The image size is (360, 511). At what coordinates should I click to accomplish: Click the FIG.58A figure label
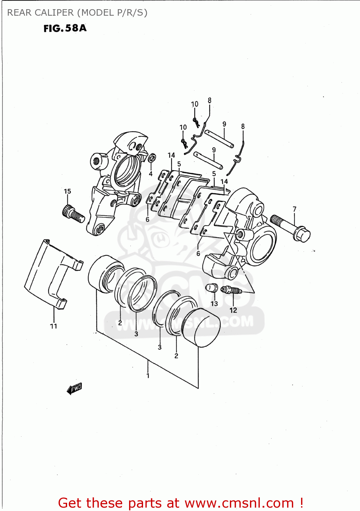coord(65,28)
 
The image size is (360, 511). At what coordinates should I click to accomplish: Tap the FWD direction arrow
coord(74,388)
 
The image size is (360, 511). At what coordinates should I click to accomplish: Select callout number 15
coord(67,191)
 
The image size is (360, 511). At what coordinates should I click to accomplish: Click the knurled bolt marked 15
coord(73,214)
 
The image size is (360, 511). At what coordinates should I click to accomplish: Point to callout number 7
coord(295,209)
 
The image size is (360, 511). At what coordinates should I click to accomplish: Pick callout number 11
coord(53,326)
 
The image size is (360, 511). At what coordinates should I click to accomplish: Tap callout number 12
coord(233,310)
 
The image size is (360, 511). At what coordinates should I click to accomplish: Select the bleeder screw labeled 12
coord(231,290)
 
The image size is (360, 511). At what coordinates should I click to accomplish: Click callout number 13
coord(214,303)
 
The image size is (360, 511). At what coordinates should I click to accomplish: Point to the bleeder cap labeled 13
coord(212,288)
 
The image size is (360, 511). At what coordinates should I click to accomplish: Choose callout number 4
coord(151,174)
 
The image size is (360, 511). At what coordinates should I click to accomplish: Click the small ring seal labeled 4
coord(152,158)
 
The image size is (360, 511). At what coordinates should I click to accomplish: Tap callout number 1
coord(148,376)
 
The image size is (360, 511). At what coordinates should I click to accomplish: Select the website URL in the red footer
coord(239,503)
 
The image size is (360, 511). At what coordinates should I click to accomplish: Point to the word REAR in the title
coord(19,13)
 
